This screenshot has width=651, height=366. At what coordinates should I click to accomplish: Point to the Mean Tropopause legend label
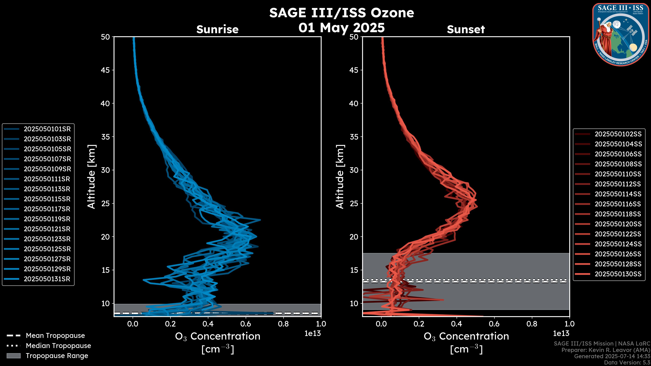tap(55, 336)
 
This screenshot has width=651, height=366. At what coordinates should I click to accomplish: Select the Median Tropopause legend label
tap(58, 346)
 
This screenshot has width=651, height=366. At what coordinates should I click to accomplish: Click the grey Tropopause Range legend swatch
tap(13, 356)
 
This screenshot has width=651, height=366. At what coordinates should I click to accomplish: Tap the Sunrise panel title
tap(217, 29)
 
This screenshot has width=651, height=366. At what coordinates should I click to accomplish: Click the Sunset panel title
tap(466, 29)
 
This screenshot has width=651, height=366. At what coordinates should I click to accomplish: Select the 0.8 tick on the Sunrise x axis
tap(283, 324)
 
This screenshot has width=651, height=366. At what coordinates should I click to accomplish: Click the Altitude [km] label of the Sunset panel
tap(340, 177)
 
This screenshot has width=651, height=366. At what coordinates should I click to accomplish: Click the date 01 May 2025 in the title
tap(341, 28)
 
